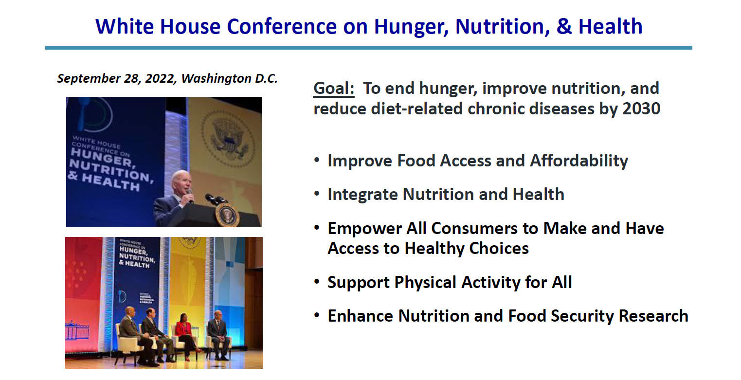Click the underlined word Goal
click(334, 89)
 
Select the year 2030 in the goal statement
click(641, 109)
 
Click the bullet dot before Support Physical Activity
click(317, 281)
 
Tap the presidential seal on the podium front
click(226, 215)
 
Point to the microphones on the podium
click(214, 199)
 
